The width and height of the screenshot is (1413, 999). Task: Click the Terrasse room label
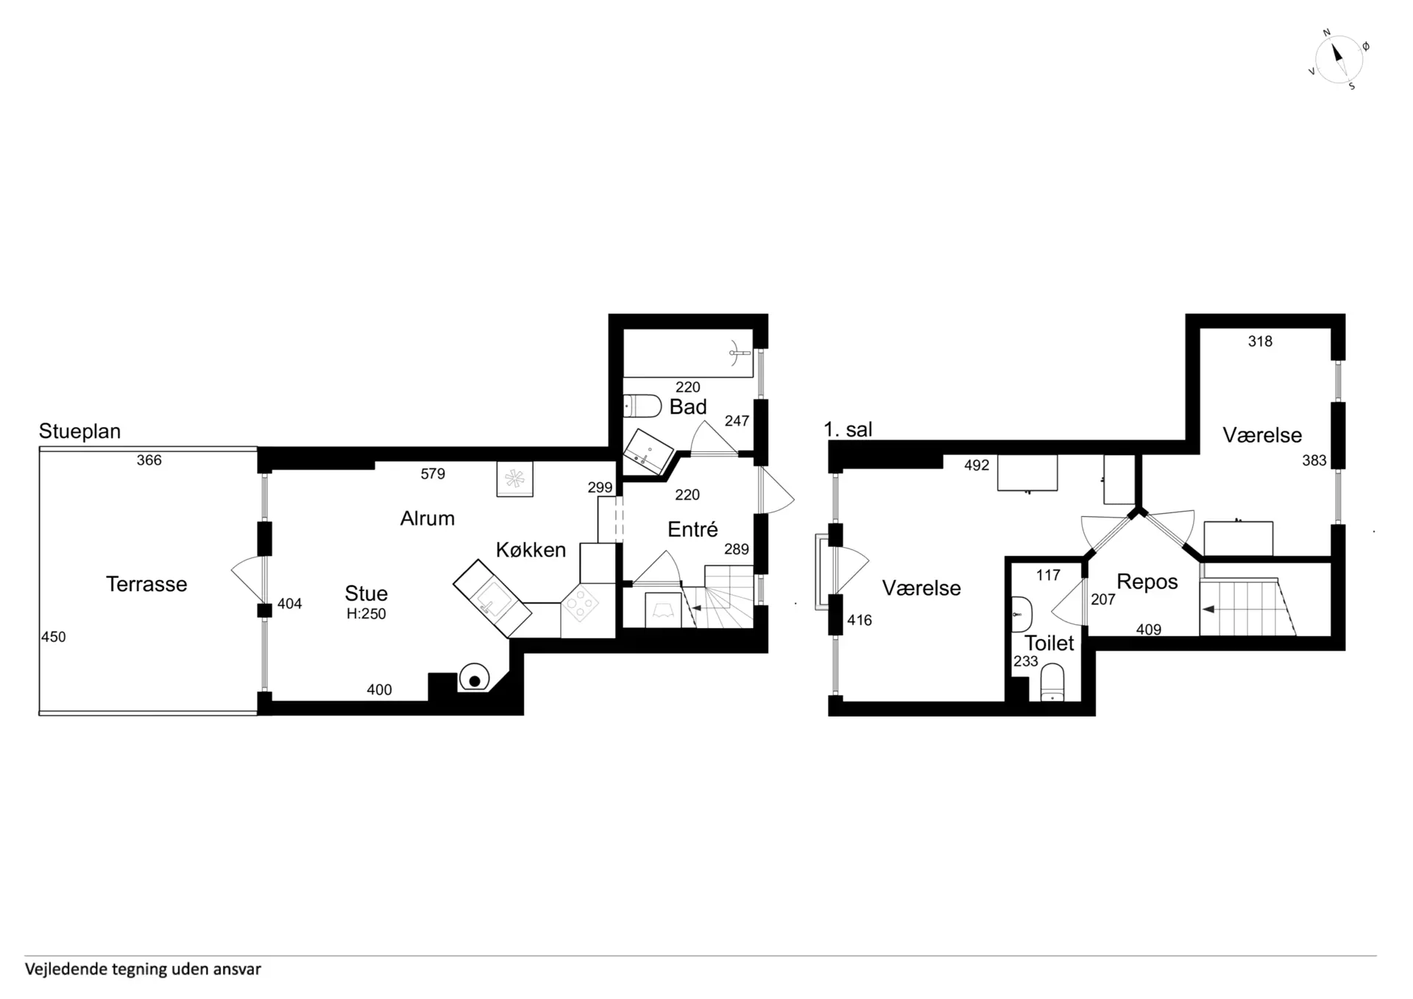coord(146,584)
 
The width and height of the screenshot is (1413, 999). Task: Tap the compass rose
coord(1339,60)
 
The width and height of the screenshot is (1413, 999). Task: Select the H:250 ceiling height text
coord(366,614)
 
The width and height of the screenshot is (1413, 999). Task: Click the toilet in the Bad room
coord(642,406)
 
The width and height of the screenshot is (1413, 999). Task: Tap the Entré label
coord(693,529)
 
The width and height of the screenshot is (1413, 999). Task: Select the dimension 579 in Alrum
coord(433,474)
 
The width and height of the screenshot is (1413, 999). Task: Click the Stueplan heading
coord(79,431)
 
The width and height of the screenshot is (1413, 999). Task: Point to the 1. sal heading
coord(848,429)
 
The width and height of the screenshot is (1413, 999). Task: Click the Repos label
coord(1147,582)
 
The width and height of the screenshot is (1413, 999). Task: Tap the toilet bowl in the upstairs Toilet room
coord(1052,683)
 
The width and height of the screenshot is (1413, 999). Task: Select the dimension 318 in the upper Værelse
coord(1260,342)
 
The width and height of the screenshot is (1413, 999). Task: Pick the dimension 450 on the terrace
coord(54,638)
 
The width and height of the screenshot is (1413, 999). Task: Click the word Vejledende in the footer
coord(66,970)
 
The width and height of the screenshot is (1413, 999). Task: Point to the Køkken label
coord(531,550)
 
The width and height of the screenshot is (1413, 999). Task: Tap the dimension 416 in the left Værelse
coord(860,621)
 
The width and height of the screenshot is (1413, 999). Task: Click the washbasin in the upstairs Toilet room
coord(1021,614)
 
